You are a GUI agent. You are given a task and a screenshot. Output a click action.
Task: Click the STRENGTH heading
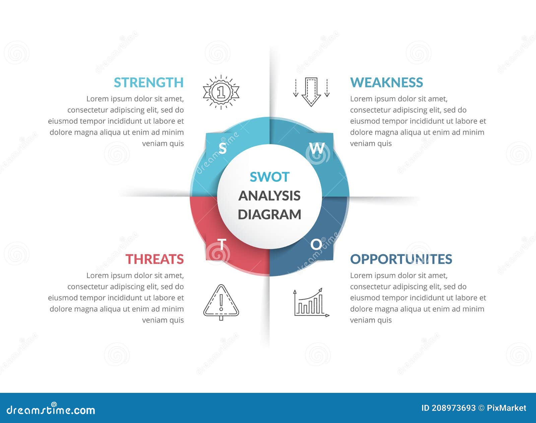click(149, 82)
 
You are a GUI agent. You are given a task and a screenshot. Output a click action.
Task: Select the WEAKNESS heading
click(386, 82)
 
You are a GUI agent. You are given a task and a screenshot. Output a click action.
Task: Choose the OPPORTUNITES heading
click(401, 259)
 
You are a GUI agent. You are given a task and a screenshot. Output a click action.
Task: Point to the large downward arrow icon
click(311, 92)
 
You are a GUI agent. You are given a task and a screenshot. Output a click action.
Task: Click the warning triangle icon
click(221, 302)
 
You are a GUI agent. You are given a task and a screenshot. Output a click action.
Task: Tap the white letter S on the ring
click(222, 148)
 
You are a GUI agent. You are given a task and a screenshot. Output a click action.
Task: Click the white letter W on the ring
click(317, 148)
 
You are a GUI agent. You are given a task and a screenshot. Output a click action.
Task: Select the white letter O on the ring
click(316, 245)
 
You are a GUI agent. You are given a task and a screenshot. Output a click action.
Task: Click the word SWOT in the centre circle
click(269, 177)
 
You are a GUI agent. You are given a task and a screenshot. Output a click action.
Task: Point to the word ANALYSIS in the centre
click(269, 196)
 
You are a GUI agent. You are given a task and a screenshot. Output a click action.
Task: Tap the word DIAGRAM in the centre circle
click(269, 215)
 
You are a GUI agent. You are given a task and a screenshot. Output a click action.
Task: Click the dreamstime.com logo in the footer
click(51, 410)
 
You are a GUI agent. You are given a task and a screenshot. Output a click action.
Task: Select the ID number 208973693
click(453, 408)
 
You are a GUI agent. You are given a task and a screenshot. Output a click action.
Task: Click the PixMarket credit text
click(506, 408)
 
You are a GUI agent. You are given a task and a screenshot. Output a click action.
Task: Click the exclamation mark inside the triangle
click(221, 302)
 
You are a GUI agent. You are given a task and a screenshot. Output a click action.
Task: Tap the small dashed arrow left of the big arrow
click(295, 88)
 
